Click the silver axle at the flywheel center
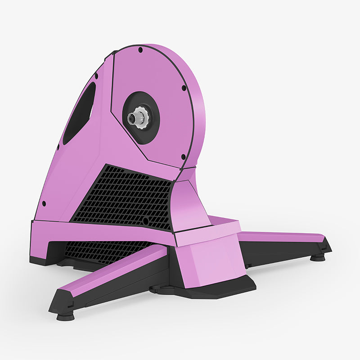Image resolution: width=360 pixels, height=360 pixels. (134, 119)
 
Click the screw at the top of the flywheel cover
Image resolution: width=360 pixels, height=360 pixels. (140, 50)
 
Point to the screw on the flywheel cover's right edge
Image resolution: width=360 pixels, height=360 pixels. (184, 88)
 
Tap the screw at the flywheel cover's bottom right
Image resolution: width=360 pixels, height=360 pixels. (183, 157)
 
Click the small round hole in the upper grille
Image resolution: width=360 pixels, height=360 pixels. (145, 221)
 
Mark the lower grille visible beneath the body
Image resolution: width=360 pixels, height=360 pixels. (103, 250)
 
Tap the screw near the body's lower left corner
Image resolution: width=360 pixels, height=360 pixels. (44, 203)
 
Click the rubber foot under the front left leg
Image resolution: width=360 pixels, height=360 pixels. (66, 316)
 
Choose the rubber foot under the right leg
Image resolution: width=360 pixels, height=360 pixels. (318, 257)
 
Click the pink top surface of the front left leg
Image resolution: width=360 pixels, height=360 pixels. (112, 270)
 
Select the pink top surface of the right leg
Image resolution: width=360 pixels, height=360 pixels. (279, 236)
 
